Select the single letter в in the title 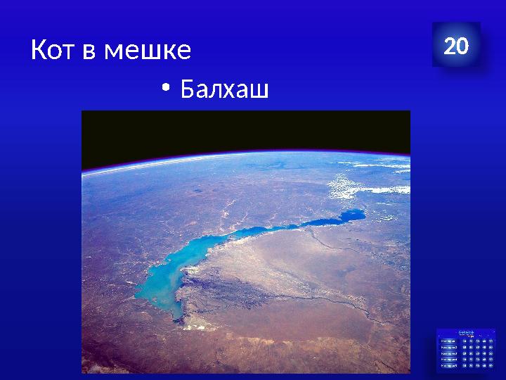91,51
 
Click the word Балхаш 224,89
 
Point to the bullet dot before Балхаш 164,88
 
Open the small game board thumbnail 466,349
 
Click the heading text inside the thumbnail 466,331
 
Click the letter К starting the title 39,50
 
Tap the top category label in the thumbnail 447,341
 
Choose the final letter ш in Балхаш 259,90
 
